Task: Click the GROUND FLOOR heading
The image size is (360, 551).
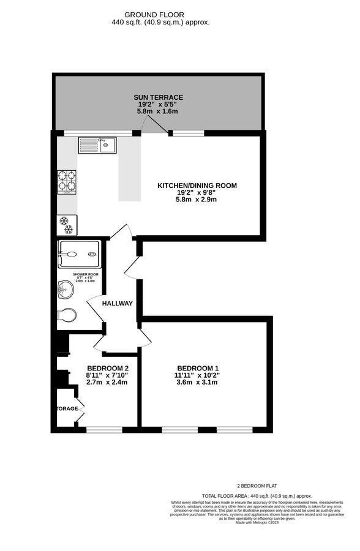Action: (154, 14)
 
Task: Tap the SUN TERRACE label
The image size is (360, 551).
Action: (159, 97)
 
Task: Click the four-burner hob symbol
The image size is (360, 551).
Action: (67, 181)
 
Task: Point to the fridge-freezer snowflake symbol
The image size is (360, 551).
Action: (67, 225)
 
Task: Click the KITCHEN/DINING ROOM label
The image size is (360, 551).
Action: (197, 186)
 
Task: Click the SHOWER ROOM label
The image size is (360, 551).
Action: (86, 274)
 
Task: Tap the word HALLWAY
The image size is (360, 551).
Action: (118, 304)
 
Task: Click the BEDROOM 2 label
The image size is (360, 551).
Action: (108, 368)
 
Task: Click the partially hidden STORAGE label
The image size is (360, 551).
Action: (68, 408)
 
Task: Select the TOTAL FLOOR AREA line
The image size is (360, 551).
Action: (257, 495)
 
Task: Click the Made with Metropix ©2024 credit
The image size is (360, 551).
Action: (257, 522)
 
